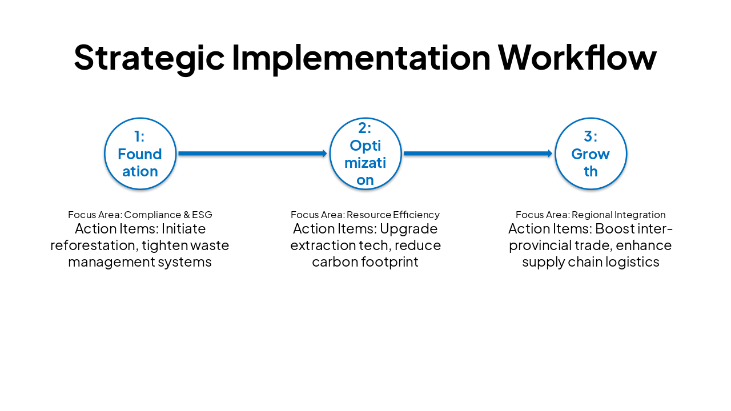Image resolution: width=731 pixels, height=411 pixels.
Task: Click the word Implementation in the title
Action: coord(361,57)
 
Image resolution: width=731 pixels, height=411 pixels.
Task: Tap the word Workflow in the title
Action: coord(577,57)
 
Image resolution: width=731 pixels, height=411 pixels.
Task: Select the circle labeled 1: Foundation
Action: coord(140,154)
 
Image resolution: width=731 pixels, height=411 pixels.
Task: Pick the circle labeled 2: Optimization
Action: coord(365,154)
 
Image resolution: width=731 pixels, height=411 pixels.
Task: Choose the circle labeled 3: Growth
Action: coord(591,154)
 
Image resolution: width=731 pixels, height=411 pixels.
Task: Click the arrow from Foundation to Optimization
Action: coord(252,154)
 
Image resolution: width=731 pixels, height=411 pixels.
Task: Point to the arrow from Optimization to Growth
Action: coord(477,154)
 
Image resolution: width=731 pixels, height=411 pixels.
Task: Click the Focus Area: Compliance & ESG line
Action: coord(140,215)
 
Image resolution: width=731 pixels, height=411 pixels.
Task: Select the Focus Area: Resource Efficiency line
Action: coord(365,215)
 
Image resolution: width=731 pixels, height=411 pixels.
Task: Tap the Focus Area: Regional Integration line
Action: coord(591,215)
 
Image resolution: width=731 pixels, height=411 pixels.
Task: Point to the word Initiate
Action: coord(183,229)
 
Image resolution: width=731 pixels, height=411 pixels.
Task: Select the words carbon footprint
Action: coord(365,262)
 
